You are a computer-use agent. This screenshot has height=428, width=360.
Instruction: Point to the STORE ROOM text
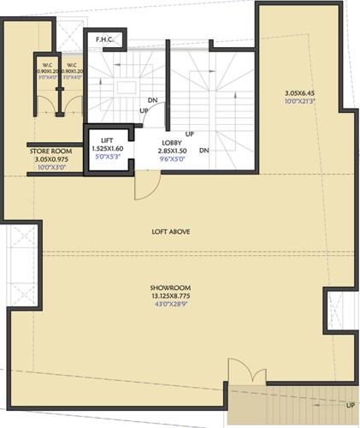(x=50, y=151)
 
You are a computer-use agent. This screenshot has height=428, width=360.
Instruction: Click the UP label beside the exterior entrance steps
(x=350, y=405)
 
